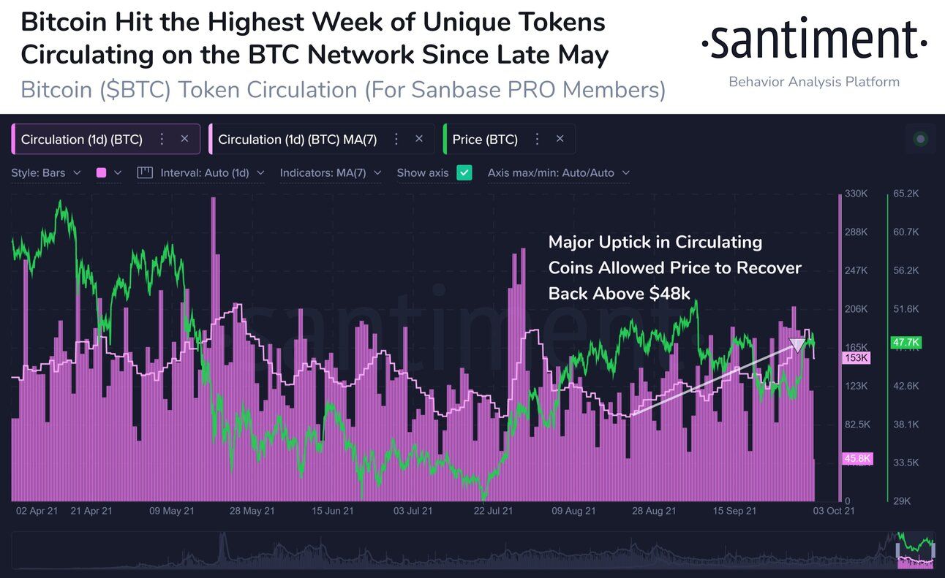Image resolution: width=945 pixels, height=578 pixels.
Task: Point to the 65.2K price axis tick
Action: (x=906, y=194)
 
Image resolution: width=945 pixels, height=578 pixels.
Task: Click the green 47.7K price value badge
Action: (x=906, y=342)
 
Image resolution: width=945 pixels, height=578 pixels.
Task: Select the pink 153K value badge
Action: (x=855, y=358)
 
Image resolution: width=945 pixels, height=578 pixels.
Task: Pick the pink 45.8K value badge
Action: (x=855, y=458)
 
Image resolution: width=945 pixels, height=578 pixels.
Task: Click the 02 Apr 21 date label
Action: (x=36, y=512)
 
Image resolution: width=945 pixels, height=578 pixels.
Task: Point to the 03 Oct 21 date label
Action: (x=834, y=512)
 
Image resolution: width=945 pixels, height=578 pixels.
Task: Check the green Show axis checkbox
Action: (x=464, y=173)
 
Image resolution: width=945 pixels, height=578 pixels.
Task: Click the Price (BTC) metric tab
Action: (x=485, y=140)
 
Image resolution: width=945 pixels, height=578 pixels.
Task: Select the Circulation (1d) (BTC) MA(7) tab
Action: (x=297, y=140)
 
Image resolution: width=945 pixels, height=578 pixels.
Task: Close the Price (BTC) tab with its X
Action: (x=560, y=139)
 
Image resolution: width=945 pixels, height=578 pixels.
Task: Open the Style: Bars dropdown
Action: (x=45, y=173)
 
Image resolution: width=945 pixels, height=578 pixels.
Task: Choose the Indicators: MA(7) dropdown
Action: (x=330, y=173)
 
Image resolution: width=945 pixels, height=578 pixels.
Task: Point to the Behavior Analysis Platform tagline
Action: (x=814, y=82)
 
